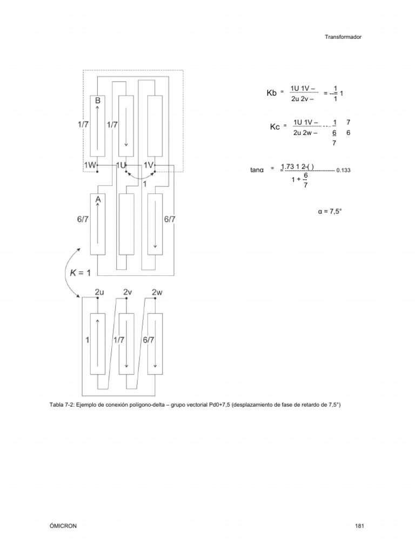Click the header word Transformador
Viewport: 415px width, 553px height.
(x=343, y=37)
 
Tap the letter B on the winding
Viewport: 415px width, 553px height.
(x=98, y=100)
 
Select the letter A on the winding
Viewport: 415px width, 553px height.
(x=98, y=200)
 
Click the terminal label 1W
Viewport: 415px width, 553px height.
(x=90, y=164)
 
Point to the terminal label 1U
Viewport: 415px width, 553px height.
(x=121, y=164)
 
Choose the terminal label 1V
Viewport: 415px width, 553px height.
(x=150, y=164)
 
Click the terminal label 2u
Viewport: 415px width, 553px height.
(x=99, y=292)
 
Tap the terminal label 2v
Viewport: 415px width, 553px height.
(x=128, y=292)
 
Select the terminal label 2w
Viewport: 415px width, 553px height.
(x=157, y=292)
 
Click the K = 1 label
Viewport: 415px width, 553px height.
(x=81, y=273)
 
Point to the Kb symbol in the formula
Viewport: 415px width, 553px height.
(x=271, y=93)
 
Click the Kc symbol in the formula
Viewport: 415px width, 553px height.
(x=275, y=127)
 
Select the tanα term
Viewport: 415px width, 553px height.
(x=257, y=170)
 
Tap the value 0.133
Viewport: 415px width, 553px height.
(x=343, y=170)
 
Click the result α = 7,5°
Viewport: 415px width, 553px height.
(x=330, y=212)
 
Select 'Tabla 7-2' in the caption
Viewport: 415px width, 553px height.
(x=62, y=404)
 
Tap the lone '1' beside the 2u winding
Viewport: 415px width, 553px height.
(x=86, y=340)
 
